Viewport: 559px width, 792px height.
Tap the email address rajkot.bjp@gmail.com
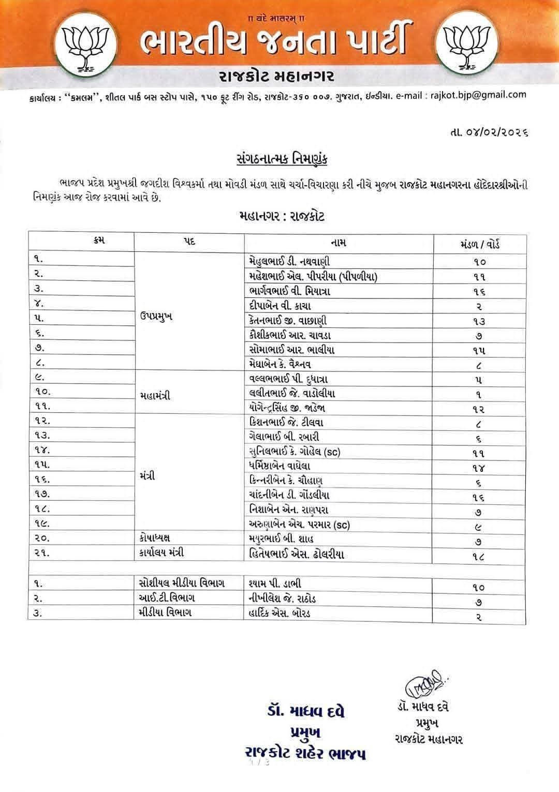click(479, 95)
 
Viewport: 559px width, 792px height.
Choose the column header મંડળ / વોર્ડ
click(479, 244)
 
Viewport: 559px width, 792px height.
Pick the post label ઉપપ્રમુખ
click(156, 317)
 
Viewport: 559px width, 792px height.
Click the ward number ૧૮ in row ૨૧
click(479, 557)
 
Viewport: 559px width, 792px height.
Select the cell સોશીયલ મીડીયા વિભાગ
click(182, 584)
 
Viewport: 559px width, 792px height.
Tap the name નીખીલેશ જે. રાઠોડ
click(282, 599)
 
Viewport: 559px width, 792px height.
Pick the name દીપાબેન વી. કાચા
click(279, 306)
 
